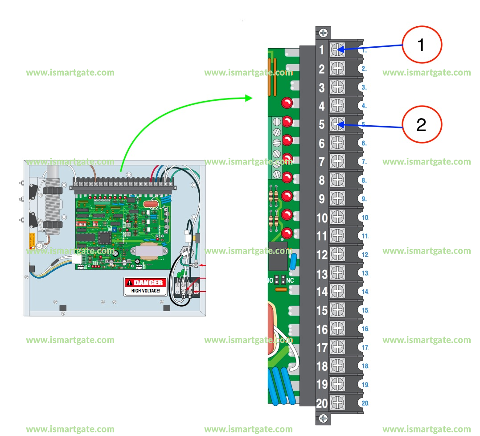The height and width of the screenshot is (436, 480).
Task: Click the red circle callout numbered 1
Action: click(x=422, y=45)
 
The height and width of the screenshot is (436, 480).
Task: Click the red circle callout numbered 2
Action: click(x=422, y=124)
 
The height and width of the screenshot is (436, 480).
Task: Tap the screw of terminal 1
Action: click(x=338, y=50)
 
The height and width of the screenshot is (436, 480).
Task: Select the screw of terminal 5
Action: click(x=338, y=124)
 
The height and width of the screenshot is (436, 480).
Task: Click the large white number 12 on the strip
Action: click(x=322, y=255)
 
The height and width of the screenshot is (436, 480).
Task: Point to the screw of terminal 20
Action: click(x=338, y=403)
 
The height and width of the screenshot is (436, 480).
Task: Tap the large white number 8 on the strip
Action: click(x=322, y=180)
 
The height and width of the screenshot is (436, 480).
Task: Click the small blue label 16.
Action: click(x=365, y=329)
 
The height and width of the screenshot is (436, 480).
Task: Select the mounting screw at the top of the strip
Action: click(x=324, y=33)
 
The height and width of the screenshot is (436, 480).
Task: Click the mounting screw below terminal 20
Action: click(x=324, y=419)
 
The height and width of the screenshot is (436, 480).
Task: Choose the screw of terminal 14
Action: click(x=338, y=292)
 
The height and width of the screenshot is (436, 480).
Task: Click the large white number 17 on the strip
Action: click(x=322, y=347)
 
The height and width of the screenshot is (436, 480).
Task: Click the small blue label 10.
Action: click(x=365, y=218)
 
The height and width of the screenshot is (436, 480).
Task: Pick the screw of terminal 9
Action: click(x=338, y=199)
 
